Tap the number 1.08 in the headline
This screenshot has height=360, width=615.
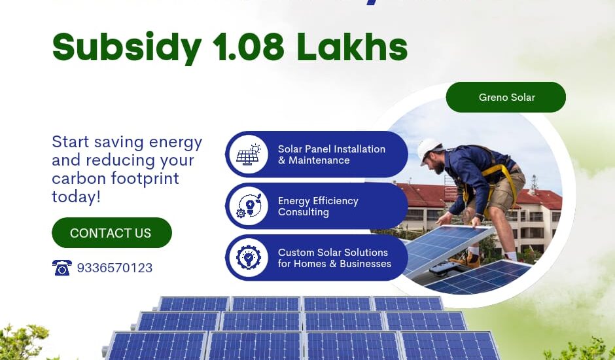pyautogui.click(x=249, y=46)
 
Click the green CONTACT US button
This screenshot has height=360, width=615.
pyautogui.click(x=111, y=233)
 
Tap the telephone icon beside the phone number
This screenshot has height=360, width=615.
pyautogui.click(x=61, y=268)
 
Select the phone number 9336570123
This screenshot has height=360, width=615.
pyautogui.click(x=114, y=268)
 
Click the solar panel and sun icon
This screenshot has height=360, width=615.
pyautogui.click(x=249, y=154)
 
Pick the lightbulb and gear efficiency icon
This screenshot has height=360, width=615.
pyautogui.click(x=249, y=206)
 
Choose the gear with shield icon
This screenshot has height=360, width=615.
pyautogui.click(x=249, y=258)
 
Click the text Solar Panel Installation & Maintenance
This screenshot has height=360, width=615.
pyautogui.click(x=332, y=154)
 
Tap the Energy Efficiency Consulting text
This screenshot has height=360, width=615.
pyautogui.click(x=318, y=206)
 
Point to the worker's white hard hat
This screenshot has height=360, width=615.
pyautogui.click(x=429, y=148)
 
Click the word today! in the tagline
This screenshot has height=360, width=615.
pyautogui.click(x=76, y=196)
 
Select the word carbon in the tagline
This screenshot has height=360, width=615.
pyautogui.click(x=74, y=179)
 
